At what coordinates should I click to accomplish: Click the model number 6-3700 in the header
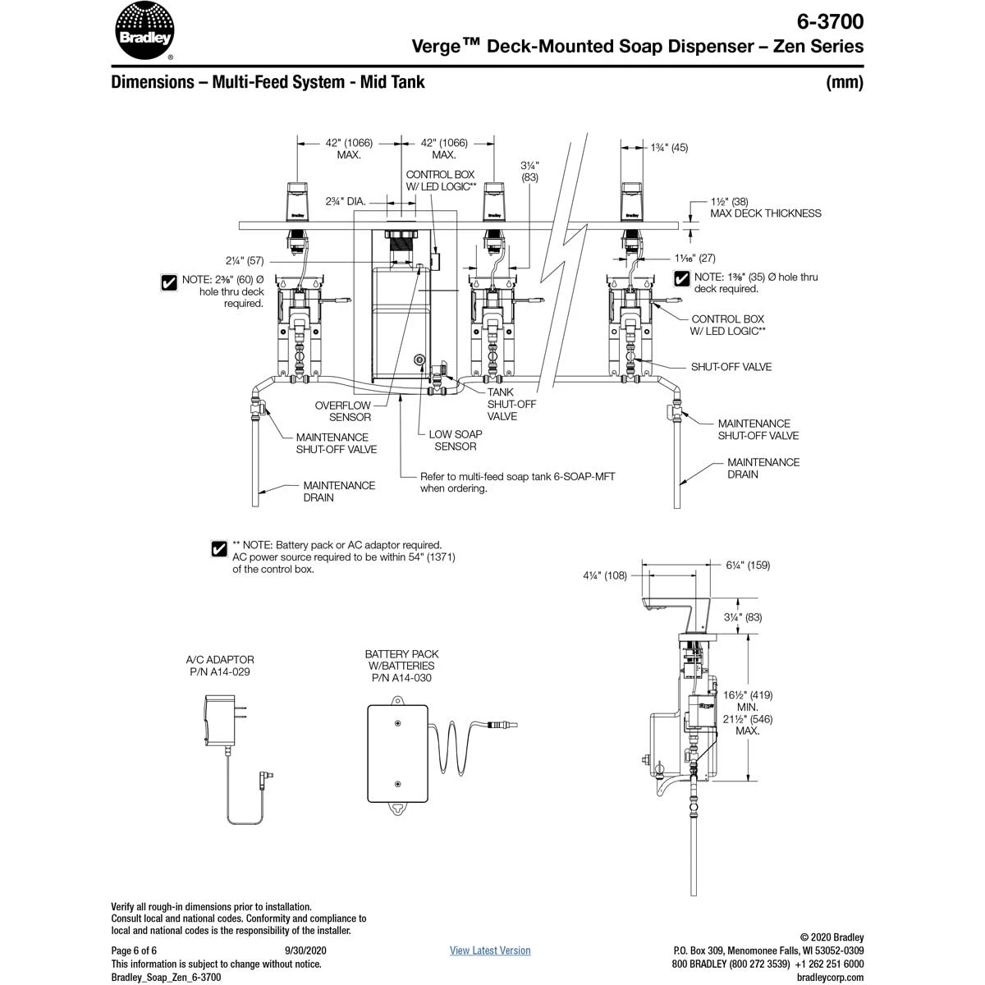830,21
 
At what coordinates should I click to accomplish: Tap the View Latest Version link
490,951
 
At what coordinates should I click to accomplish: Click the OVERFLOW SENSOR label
343,411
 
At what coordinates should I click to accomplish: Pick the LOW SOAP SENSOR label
456,440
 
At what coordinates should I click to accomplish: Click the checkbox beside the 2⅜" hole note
169,283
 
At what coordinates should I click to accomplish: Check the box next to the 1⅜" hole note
681,278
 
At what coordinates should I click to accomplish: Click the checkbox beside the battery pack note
219,549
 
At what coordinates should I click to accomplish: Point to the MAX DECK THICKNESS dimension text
766,213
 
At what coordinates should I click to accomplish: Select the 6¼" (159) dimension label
748,565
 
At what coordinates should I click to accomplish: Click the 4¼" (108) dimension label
605,575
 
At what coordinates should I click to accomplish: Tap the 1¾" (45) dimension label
669,148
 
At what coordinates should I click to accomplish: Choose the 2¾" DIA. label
345,200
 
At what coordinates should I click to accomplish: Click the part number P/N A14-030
401,678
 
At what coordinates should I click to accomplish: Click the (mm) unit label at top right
845,82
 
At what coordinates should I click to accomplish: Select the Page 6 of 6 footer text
134,951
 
